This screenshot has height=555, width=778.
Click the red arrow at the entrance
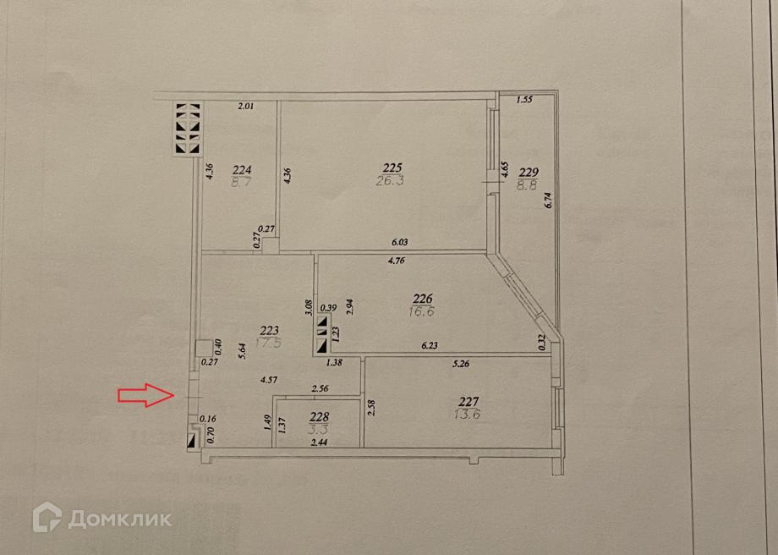(143, 395)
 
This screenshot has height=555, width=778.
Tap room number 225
(392, 168)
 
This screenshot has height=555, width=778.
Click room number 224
(242, 168)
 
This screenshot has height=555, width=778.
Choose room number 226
(422, 298)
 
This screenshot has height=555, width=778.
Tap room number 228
(317, 416)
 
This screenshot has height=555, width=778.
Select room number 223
(270, 331)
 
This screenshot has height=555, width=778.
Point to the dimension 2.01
(245, 106)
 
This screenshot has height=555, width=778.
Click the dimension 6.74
(548, 200)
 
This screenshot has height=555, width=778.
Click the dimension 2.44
(318, 442)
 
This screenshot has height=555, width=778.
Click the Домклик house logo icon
(47, 517)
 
